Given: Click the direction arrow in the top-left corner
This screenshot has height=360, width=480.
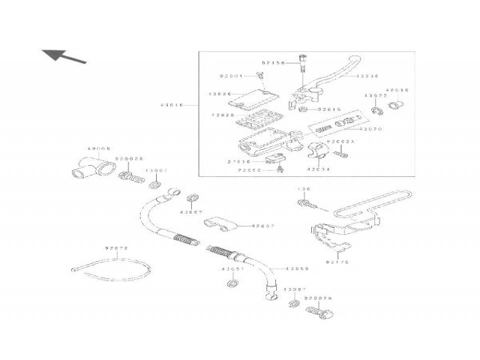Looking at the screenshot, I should (63, 55).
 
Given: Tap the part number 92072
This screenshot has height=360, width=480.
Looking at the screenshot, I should (116, 248).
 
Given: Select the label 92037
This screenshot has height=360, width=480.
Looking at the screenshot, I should (264, 225).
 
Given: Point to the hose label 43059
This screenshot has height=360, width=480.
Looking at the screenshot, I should (297, 268).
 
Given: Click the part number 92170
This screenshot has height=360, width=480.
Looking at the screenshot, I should (338, 262).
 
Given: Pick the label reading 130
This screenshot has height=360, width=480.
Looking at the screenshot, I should (304, 189).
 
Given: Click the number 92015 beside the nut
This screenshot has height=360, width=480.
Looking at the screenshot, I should (329, 109).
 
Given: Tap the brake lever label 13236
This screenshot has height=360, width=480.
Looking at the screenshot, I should (368, 76).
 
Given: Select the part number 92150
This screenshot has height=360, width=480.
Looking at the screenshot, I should (274, 62).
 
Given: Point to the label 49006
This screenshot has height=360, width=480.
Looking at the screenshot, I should (98, 148).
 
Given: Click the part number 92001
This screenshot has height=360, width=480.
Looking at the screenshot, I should (231, 76).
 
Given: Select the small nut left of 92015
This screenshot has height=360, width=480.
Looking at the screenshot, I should (301, 109).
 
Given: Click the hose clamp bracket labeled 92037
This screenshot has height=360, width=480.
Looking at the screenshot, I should (220, 223).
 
